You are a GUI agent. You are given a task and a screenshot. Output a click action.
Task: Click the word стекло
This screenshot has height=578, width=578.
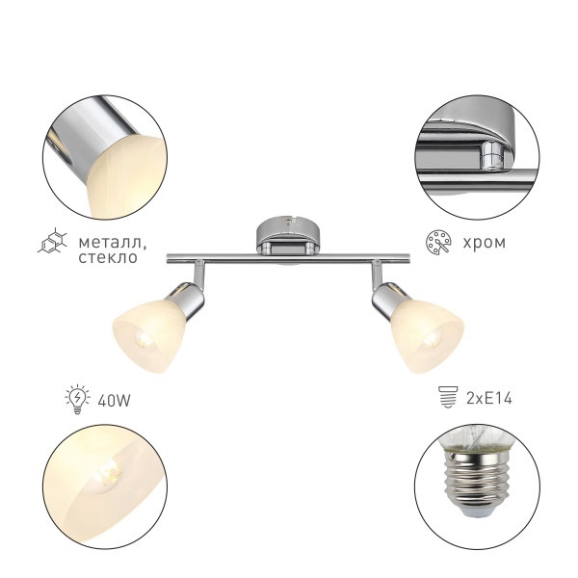pos(108,257)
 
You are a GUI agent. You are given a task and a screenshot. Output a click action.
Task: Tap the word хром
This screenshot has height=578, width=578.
pos(484,243)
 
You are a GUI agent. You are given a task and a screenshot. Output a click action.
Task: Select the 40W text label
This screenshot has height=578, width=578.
pos(115,401)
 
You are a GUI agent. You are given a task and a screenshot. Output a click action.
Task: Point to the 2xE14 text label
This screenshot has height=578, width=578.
pos(489,398)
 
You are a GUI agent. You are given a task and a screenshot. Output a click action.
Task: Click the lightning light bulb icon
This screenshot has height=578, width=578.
pos(77,399)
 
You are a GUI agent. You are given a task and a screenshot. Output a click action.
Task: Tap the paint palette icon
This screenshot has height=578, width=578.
pos(438,242)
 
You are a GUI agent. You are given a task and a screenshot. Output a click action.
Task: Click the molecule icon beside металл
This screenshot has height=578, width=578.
pos(53,240)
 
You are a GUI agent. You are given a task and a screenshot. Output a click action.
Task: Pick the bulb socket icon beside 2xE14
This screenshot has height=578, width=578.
pos(448,397)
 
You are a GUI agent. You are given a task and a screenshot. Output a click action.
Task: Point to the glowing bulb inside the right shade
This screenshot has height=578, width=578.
pos(432,339)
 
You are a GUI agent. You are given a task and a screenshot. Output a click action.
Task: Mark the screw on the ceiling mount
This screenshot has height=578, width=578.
pos(288,222)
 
